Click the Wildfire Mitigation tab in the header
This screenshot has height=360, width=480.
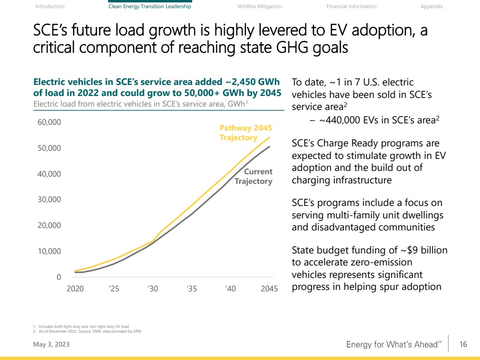(x=259, y=6)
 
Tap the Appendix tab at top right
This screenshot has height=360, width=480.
(x=431, y=6)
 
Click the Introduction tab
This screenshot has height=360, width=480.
(x=49, y=6)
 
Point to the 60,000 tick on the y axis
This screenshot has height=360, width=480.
(x=50, y=122)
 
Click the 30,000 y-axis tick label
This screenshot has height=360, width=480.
(x=50, y=199)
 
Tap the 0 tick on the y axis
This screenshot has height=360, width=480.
(x=59, y=277)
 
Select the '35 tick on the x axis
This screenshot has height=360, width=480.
(x=191, y=289)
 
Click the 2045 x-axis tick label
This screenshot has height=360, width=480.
(x=269, y=289)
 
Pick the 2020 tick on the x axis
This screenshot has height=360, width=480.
(x=75, y=289)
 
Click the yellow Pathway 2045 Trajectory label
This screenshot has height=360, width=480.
(x=246, y=133)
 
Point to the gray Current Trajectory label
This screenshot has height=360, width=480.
(x=253, y=176)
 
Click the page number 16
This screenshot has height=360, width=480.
(x=463, y=344)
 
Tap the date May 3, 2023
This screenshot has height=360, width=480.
(x=47, y=345)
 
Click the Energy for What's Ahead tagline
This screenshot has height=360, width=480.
(x=394, y=345)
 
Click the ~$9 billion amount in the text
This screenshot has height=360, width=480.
(x=423, y=250)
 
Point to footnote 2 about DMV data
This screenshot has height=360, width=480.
(x=86, y=331)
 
